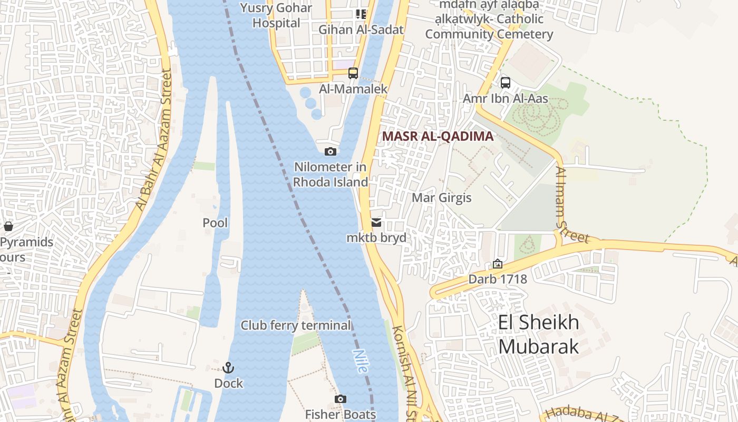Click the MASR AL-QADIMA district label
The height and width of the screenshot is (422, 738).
click(438, 136)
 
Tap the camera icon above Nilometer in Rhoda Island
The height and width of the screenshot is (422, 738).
click(331, 152)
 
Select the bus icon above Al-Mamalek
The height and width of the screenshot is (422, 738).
click(353, 73)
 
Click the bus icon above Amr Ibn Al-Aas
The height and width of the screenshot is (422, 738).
click(505, 83)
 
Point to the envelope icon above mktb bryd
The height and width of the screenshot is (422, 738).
click(376, 223)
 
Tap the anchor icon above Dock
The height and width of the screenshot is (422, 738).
click(228, 368)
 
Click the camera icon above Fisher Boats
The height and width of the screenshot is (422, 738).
click(341, 399)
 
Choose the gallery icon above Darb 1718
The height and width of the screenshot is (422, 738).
click(497, 264)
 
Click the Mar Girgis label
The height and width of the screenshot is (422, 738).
click(441, 198)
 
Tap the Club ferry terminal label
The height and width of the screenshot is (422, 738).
click(295, 325)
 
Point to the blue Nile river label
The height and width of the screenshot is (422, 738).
click(361, 361)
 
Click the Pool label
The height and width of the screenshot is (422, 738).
click(215, 223)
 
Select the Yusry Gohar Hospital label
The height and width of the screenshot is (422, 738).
click(276, 15)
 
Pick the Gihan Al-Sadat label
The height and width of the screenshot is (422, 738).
click(361, 30)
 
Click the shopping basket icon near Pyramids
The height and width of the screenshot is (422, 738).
click(8, 227)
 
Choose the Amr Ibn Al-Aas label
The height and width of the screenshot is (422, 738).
click(505, 99)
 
